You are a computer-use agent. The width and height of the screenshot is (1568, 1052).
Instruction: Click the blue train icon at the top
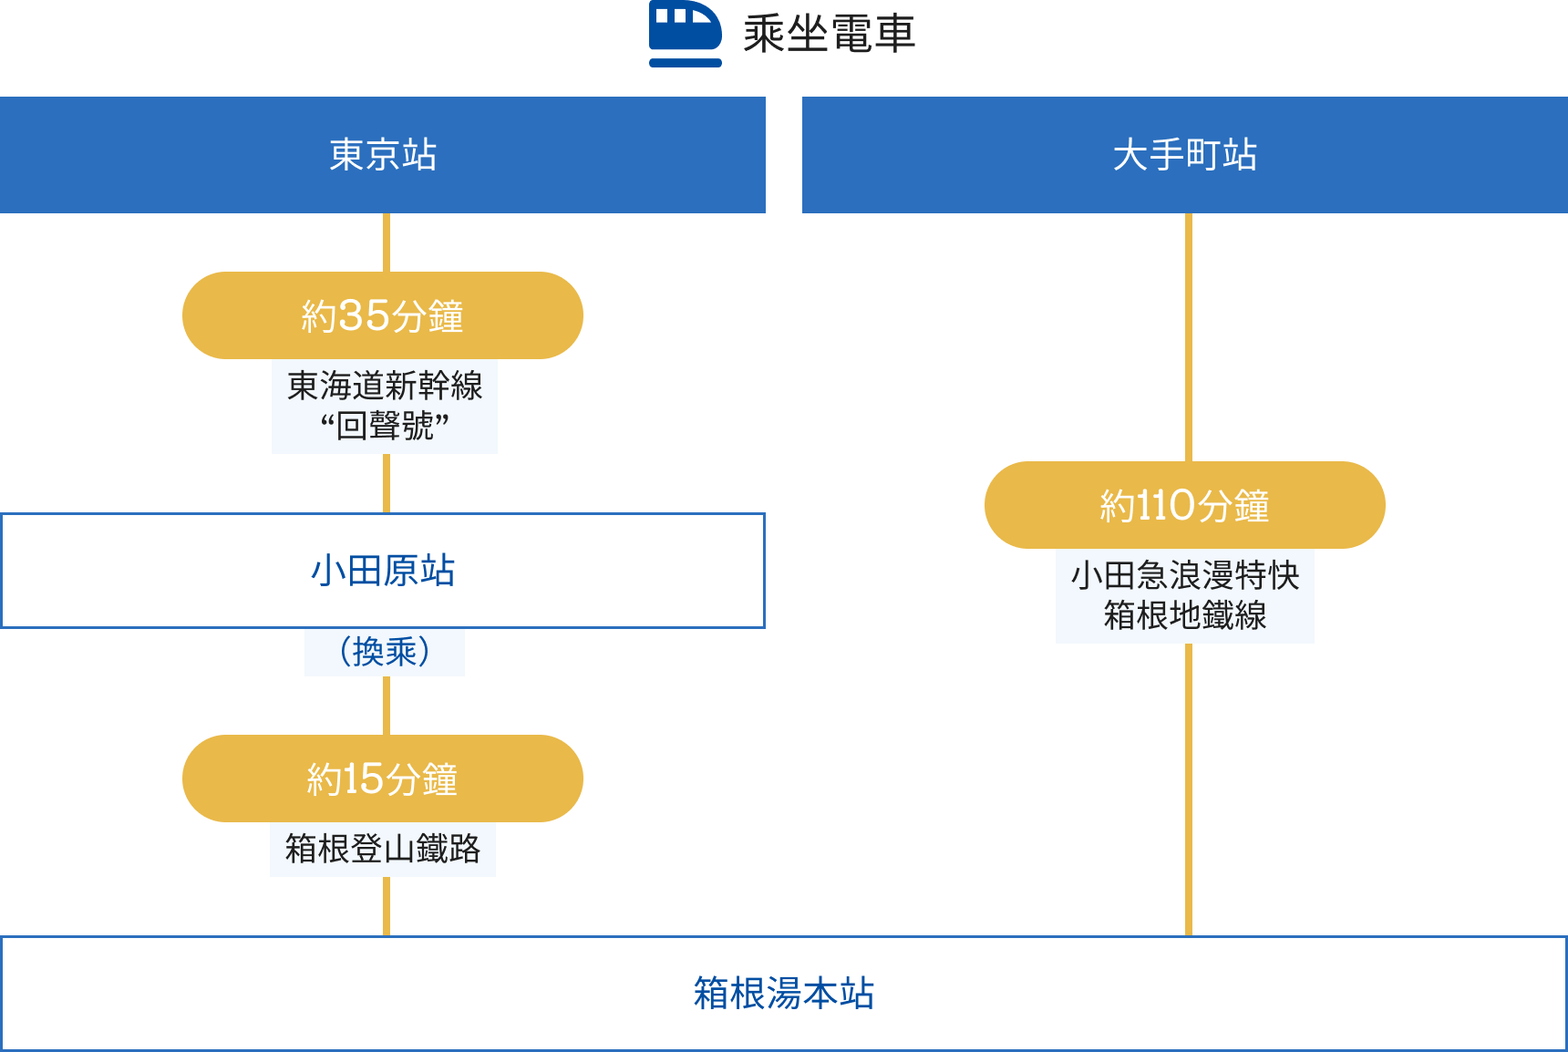coord(685,33)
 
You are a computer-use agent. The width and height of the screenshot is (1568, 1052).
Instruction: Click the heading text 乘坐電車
coord(829,35)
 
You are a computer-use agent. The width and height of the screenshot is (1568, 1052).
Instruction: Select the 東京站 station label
coord(383,155)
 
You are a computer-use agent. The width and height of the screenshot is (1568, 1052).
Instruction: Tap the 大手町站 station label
coord(1184,155)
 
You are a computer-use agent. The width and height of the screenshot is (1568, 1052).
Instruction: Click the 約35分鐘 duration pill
coord(383,315)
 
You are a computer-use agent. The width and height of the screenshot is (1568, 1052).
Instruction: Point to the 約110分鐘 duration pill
coord(1184,505)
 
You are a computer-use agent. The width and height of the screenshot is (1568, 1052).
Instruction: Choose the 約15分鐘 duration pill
coord(383,779)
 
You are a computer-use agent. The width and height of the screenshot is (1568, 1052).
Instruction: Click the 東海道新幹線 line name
coord(385,386)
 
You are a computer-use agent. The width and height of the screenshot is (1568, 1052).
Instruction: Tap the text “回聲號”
coord(385,426)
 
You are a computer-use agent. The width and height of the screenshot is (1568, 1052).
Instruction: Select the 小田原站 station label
coord(383,571)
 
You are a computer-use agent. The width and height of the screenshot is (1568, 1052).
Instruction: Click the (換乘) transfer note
coord(384,652)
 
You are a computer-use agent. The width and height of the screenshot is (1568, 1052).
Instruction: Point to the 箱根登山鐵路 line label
coord(383,849)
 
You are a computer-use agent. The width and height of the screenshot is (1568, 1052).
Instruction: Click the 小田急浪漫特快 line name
coord(1184,575)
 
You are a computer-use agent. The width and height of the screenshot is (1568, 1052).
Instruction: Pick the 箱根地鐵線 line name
coord(1184,615)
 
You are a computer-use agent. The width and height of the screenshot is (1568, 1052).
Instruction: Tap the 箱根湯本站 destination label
coord(784,994)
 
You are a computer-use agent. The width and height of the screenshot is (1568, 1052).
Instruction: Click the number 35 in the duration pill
coord(364,316)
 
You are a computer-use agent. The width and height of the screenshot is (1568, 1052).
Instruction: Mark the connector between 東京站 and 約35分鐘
coord(387,242)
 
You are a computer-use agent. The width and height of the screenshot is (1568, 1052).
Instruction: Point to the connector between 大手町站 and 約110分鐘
coord(1189,337)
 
